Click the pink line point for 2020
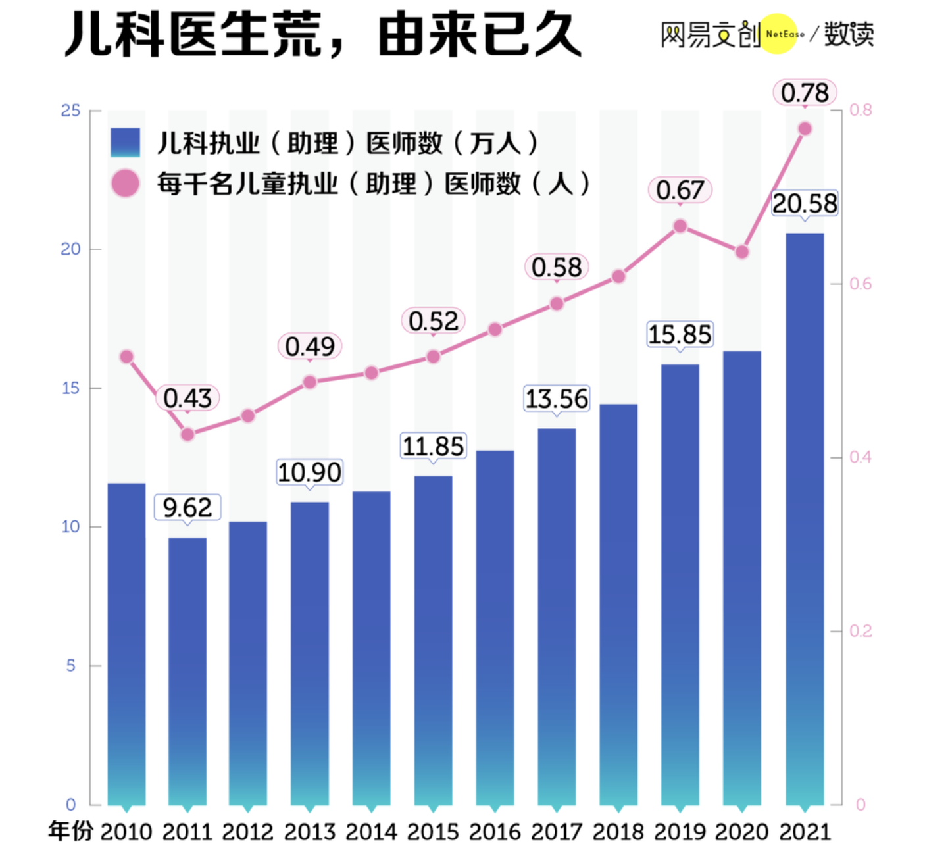tap(742, 252)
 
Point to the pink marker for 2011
tap(187, 434)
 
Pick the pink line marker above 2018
tap(618, 276)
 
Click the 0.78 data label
tap(804, 93)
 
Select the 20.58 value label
tap(805, 204)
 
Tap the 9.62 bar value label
tap(187, 508)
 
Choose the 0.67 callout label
tap(680, 190)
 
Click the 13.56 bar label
tap(557, 399)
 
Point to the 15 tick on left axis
tap(70, 388)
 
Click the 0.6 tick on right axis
tap(861, 284)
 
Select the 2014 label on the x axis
tap(371, 832)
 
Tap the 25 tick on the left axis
tap(70, 111)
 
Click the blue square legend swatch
tap(125, 142)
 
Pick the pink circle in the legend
tap(125, 183)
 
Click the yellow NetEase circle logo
tap(779, 34)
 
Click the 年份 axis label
tap(70, 831)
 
